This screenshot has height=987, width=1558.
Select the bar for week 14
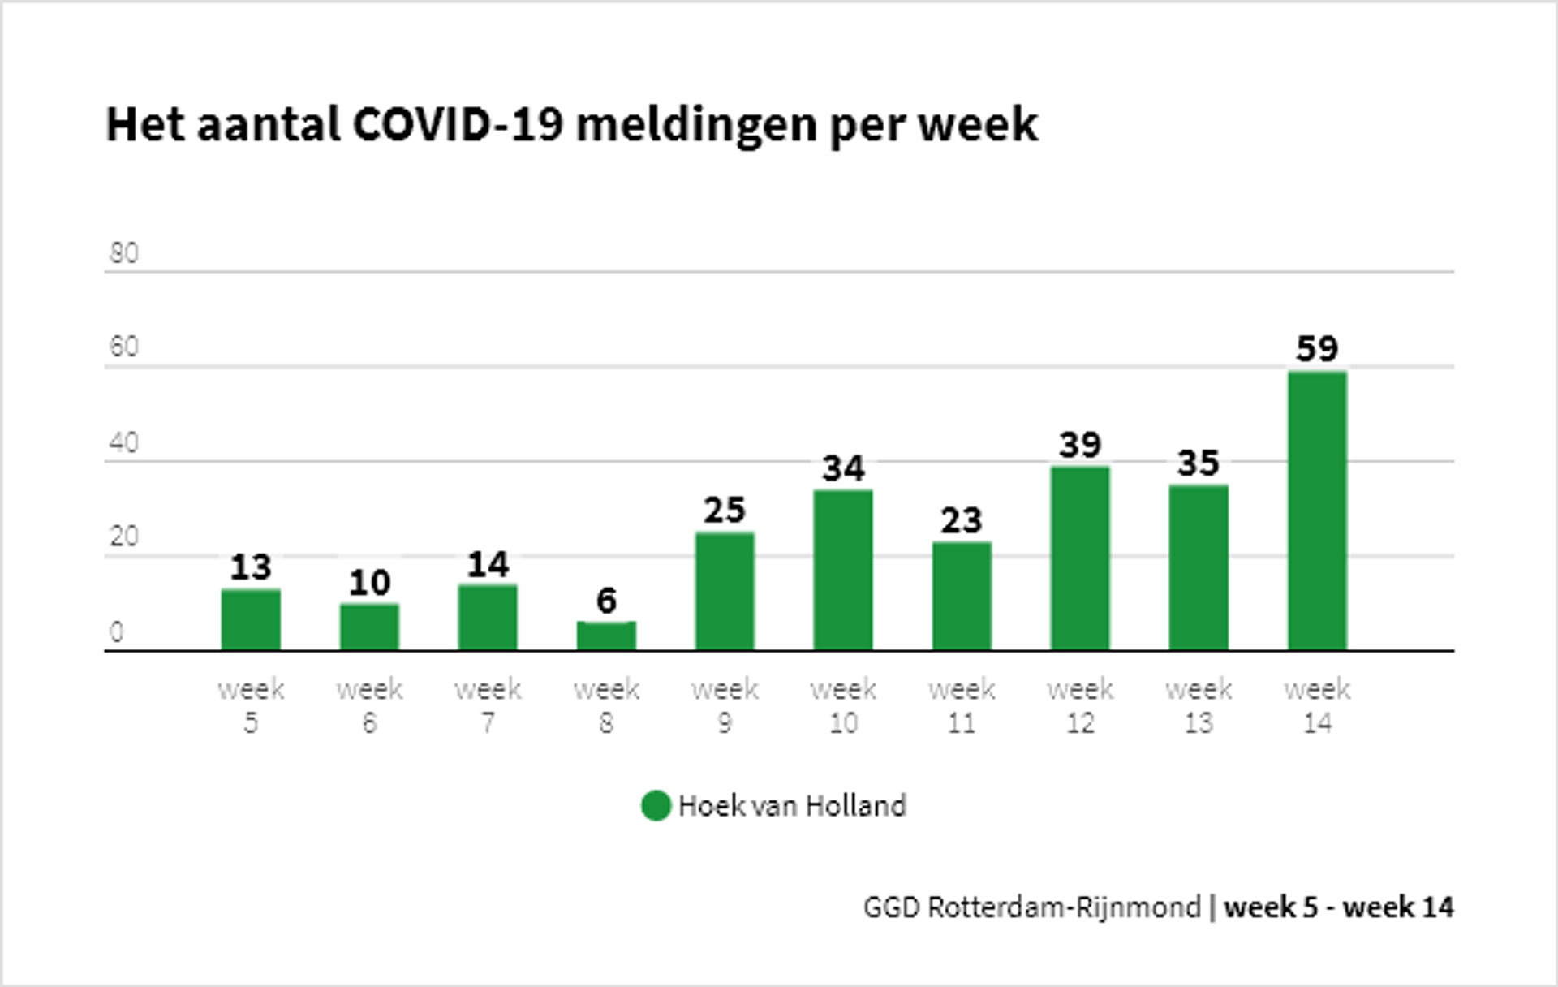pos(1317,511)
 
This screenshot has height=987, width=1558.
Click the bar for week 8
pos(606,636)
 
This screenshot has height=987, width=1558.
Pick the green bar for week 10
pos(843,570)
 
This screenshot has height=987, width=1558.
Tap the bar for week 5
pos(251,620)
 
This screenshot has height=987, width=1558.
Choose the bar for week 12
pos(1080,558)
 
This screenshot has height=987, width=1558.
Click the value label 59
pos(1317,349)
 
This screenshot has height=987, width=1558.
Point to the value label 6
pos(606,601)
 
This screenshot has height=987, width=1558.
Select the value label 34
pos(843,468)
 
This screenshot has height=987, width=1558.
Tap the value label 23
pos(962,520)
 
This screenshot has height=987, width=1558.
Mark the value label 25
pos(725,511)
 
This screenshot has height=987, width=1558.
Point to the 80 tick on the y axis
pos(123,253)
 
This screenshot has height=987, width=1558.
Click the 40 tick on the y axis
pos(123,443)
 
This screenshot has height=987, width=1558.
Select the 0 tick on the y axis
pos(116,632)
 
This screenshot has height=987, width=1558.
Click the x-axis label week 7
pos(488,705)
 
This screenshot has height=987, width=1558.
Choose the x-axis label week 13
pos(1199,705)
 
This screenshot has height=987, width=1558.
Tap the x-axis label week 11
pos(962,705)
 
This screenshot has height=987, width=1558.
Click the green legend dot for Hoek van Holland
pos(656,806)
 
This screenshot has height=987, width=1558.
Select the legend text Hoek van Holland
pos(792,806)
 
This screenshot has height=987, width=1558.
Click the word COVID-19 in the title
pos(458,125)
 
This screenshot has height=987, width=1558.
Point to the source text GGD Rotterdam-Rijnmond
pos(1031,907)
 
